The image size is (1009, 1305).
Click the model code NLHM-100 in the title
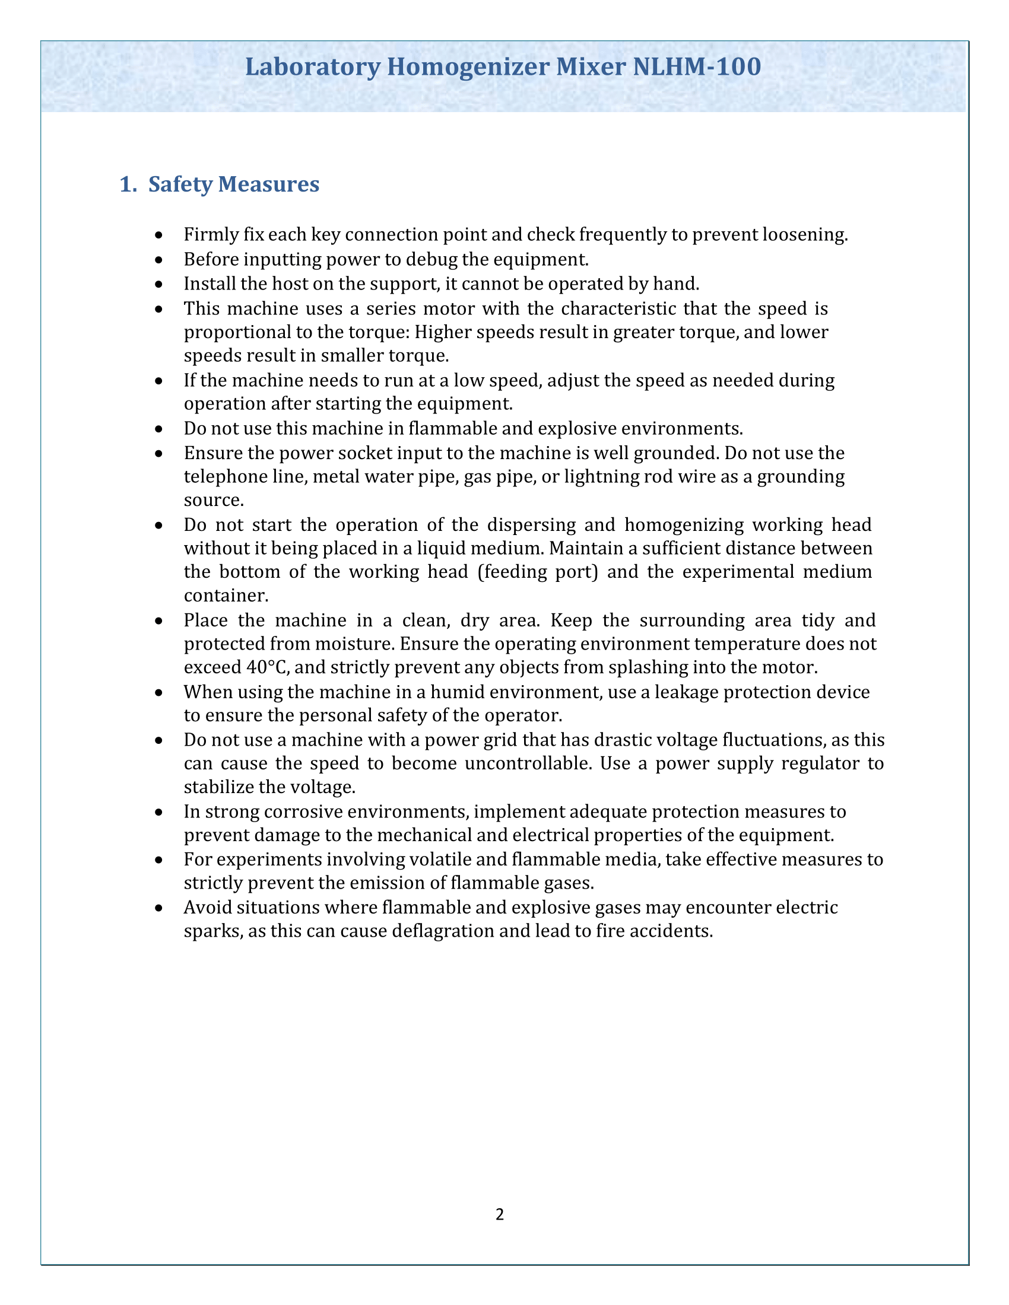coord(696,67)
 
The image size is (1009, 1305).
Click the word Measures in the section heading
coord(268,184)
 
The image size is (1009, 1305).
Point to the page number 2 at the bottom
coord(500,1214)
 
